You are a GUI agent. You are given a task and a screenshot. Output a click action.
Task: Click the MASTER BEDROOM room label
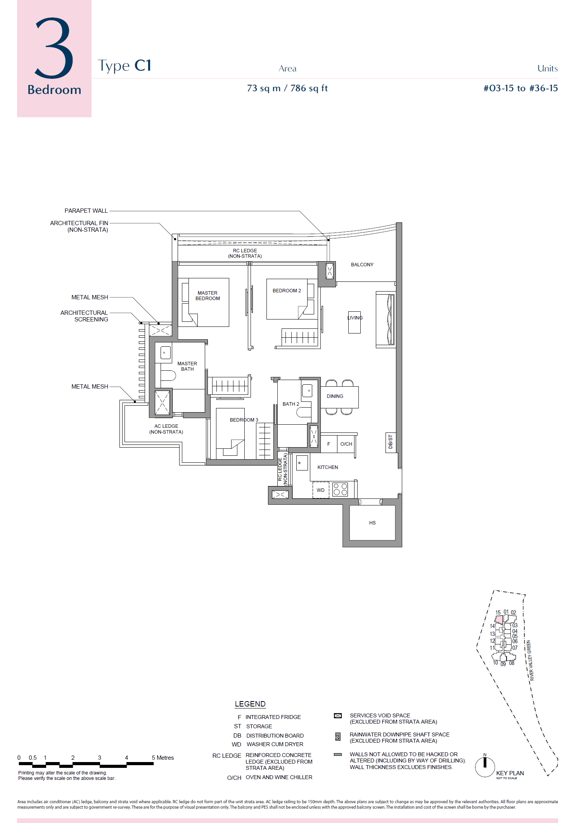[x=207, y=295]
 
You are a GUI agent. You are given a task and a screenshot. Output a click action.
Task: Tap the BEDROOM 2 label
[x=287, y=290]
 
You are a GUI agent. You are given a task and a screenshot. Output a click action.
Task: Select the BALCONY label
[x=362, y=264]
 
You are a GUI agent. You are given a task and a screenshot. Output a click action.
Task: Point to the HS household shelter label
[x=372, y=523]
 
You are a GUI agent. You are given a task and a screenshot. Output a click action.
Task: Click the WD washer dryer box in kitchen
[x=321, y=490]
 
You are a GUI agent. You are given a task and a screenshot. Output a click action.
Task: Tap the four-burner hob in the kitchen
[x=340, y=489]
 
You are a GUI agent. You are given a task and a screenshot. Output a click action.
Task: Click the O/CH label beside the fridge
[x=346, y=444]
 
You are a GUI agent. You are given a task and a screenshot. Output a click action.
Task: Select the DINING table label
[x=335, y=396]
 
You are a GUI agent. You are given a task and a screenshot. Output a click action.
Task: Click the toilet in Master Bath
[x=168, y=375]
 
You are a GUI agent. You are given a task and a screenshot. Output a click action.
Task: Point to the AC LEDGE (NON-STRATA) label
[x=166, y=429]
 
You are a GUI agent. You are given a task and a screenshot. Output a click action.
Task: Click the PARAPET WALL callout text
[x=86, y=210]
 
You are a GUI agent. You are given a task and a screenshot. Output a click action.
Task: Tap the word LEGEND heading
[x=250, y=704]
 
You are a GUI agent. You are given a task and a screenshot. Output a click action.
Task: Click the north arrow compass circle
[x=485, y=767]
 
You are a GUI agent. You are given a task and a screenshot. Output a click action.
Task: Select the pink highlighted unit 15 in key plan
[x=499, y=619]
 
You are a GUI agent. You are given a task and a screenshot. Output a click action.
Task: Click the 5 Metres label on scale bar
[x=163, y=757]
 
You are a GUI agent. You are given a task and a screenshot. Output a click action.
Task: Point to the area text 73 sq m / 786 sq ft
[x=287, y=88]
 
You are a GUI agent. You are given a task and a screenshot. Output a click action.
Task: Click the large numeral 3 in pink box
[x=54, y=49]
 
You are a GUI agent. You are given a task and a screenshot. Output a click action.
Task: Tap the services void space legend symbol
[x=338, y=715]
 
